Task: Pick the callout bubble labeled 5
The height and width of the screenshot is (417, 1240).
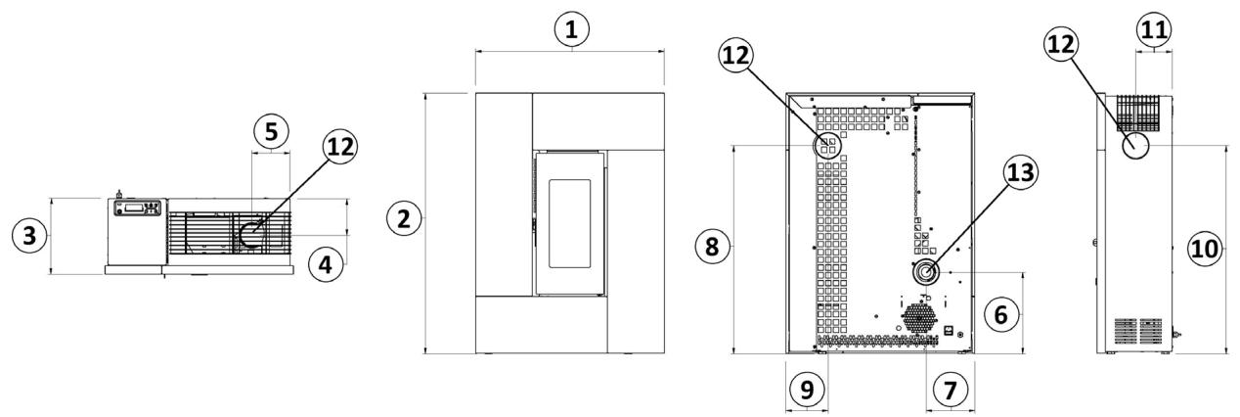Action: pos(272,130)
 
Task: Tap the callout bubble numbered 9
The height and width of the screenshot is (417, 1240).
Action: pos(808,390)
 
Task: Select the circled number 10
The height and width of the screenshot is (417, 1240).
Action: pos(1206,250)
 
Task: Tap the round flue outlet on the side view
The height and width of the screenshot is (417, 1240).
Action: pos(1135,147)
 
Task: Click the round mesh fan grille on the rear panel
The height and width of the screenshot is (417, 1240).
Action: pos(918,318)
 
